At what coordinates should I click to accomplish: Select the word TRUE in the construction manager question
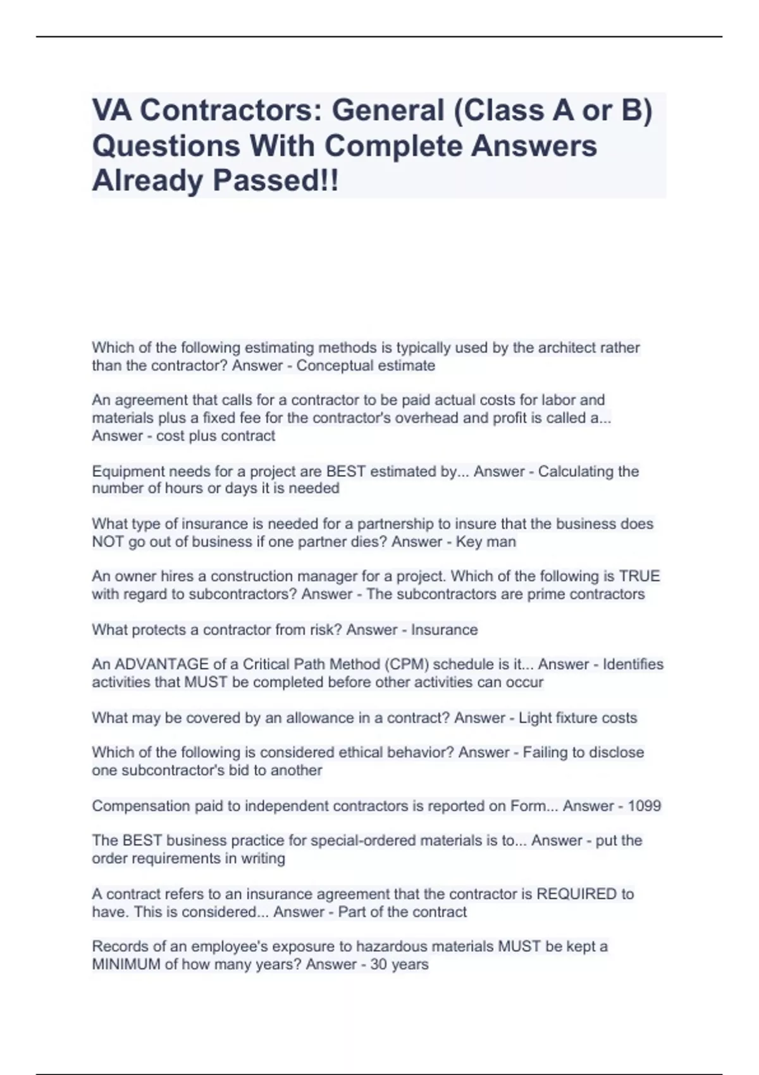point(639,576)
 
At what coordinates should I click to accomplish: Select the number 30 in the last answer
point(378,964)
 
